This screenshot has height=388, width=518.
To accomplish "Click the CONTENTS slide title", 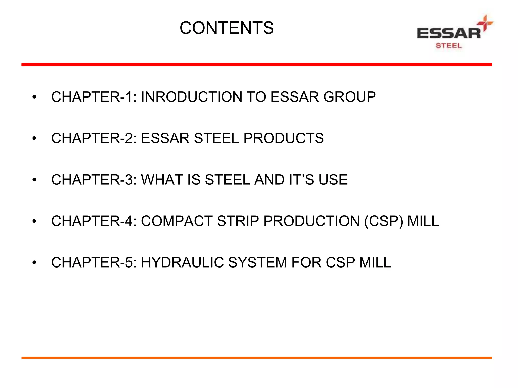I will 226,28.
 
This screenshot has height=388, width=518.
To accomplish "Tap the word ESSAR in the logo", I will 448,33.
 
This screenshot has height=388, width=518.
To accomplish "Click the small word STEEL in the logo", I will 448,46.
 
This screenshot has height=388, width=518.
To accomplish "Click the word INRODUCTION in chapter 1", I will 191,97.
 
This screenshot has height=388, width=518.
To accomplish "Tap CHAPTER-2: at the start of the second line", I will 94,138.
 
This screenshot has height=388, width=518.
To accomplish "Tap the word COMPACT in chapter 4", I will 177,221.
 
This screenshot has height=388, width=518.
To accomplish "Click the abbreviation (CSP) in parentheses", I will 383,221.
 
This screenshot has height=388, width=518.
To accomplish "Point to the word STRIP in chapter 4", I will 238,221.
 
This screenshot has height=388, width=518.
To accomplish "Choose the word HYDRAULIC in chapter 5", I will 182,262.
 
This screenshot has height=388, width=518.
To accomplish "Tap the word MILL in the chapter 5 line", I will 375,262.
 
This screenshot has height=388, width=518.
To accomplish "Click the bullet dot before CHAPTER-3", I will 34,180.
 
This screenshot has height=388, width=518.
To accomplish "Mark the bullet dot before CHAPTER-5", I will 34,263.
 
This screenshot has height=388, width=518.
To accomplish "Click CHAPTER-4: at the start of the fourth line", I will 94,221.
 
